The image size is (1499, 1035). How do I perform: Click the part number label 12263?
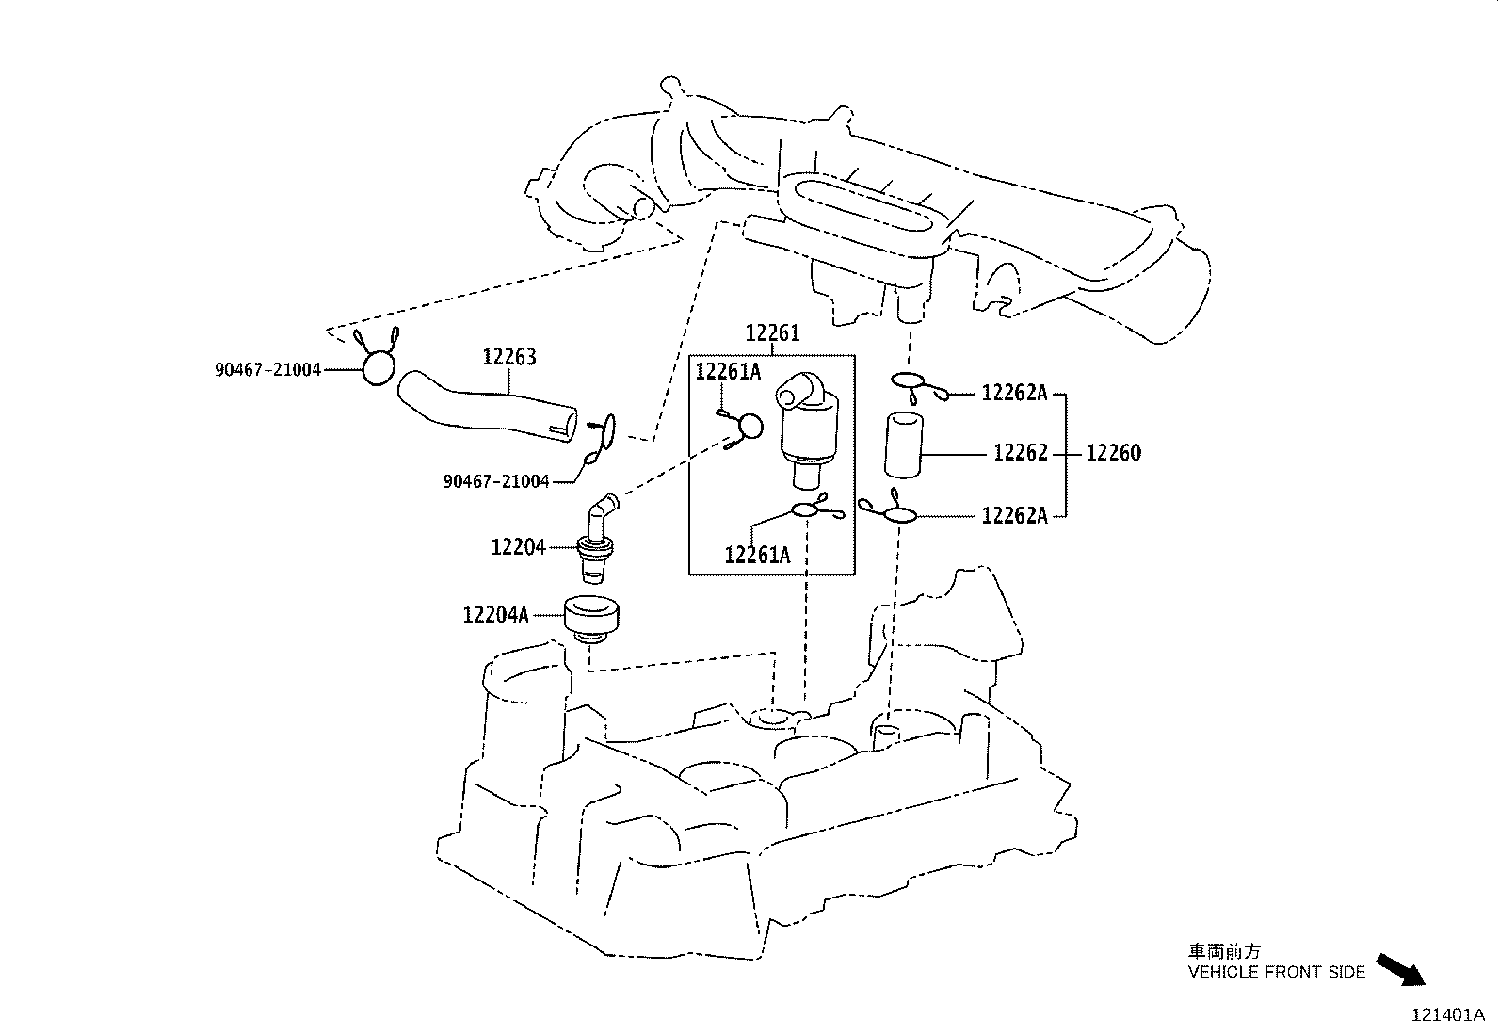point(509,357)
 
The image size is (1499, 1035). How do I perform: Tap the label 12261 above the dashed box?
point(772,333)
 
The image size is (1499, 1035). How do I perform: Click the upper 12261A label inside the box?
point(728,371)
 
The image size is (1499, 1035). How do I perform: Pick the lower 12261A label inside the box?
point(757,555)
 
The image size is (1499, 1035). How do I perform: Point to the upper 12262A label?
point(1014,394)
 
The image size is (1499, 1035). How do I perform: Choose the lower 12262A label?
point(1014,515)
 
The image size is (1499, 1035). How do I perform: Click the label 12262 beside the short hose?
point(1021,453)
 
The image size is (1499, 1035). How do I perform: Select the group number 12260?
point(1113,453)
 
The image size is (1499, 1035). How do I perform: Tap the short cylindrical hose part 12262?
point(903,445)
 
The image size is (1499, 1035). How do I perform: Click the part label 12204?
point(518,546)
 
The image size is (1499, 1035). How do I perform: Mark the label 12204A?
point(495,615)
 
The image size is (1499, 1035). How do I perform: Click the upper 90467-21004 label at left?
point(267,370)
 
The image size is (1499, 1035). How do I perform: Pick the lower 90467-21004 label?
point(495,481)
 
